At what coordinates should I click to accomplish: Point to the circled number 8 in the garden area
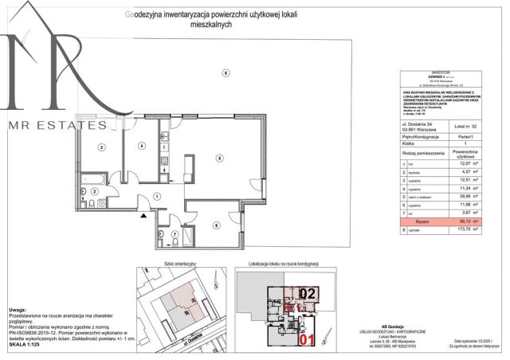point(225,73)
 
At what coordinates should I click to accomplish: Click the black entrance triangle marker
point(144,214)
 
